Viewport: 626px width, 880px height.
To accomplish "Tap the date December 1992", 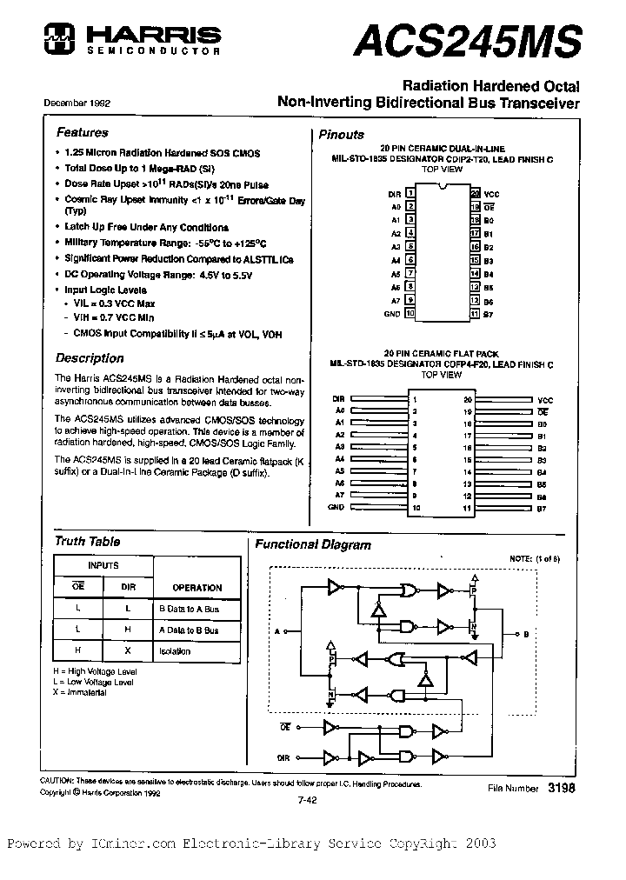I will click(77, 103).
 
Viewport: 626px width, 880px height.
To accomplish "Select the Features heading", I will click(82, 133).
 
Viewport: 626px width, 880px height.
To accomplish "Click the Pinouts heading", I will click(341, 135).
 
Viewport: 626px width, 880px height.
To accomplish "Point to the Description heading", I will click(90, 357).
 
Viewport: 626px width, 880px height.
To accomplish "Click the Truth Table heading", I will click(87, 541).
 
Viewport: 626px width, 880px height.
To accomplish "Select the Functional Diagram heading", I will click(312, 545).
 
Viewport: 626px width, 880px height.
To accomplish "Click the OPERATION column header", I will click(196, 587).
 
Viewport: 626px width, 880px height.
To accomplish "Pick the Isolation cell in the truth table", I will click(175, 650).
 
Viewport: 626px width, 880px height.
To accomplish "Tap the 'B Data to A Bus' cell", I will click(187, 610).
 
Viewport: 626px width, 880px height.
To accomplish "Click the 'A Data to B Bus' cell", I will click(188, 630).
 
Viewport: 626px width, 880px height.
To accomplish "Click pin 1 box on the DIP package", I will click(410, 194).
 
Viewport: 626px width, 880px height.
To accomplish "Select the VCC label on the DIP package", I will click(491, 194).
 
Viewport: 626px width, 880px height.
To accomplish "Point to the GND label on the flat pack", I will click(336, 507).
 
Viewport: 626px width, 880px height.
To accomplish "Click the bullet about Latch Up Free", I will click(146, 227).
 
